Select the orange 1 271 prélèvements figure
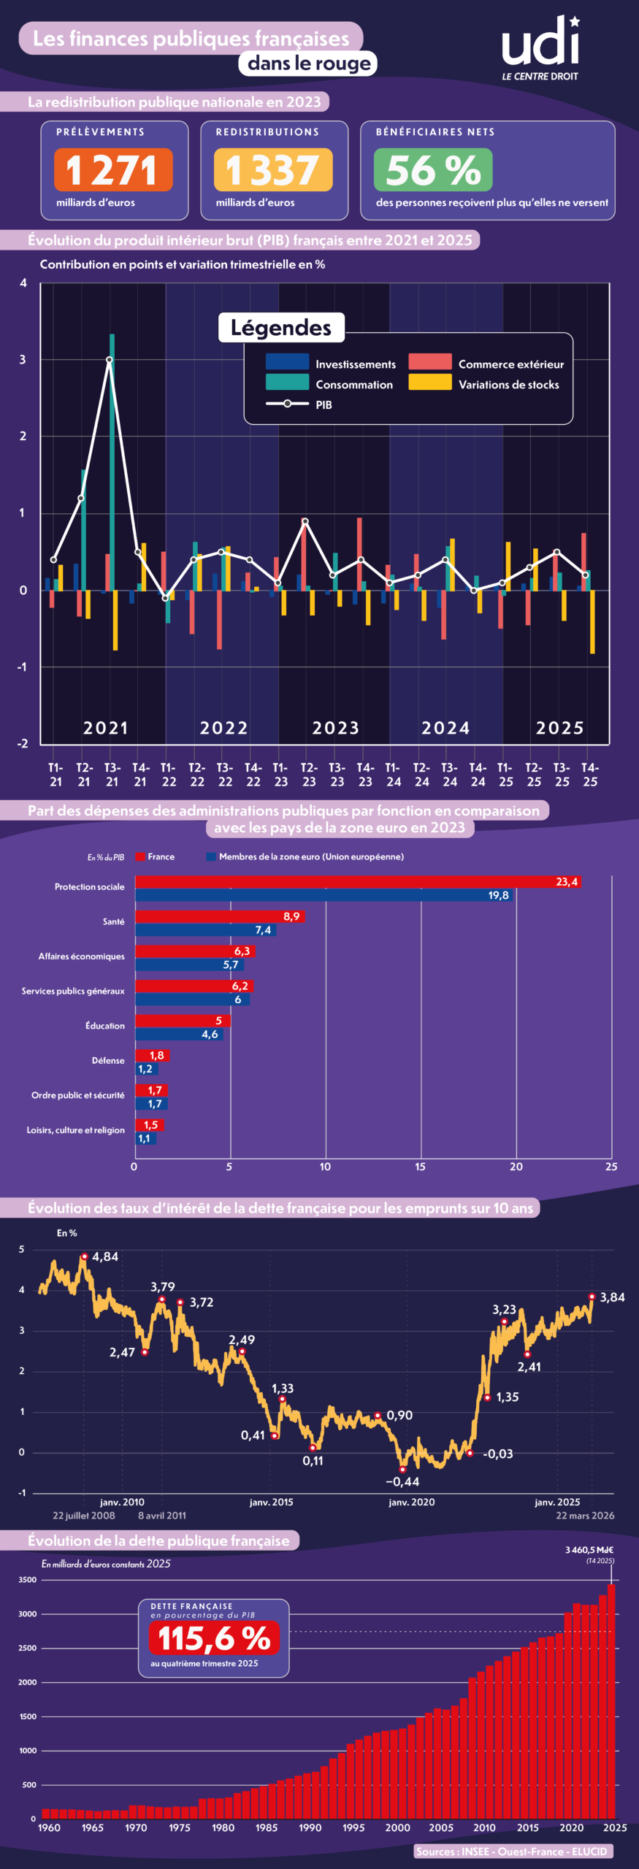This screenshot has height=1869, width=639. tap(113, 169)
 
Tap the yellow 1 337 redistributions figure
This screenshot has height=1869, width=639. tap(273, 169)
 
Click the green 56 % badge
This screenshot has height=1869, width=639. tap(433, 169)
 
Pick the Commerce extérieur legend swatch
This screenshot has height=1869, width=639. tap(429, 362)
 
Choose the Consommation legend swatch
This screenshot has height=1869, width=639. tap(287, 383)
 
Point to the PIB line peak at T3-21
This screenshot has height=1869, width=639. tap(110, 360)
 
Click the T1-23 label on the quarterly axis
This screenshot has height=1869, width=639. tap(280, 775)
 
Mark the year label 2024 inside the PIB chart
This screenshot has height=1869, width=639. tap(445, 728)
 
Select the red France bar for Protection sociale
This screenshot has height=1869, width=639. tap(358, 882)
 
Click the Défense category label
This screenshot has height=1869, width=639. tap(108, 1061)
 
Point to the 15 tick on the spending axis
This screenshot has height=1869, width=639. tap(421, 1167)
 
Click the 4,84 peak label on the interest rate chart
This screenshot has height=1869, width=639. tap(105, 1256)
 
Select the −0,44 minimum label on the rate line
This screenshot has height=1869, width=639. tap(403, 1481)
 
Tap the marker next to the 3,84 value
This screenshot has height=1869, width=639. tap(592, 1297)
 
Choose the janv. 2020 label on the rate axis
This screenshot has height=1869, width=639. tap(411, 1502)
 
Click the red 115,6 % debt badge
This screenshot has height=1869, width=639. tap(214, 1638)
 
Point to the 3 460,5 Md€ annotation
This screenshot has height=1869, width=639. tap(589, 1550)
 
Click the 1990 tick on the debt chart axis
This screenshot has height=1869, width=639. tap(310, 1827)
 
